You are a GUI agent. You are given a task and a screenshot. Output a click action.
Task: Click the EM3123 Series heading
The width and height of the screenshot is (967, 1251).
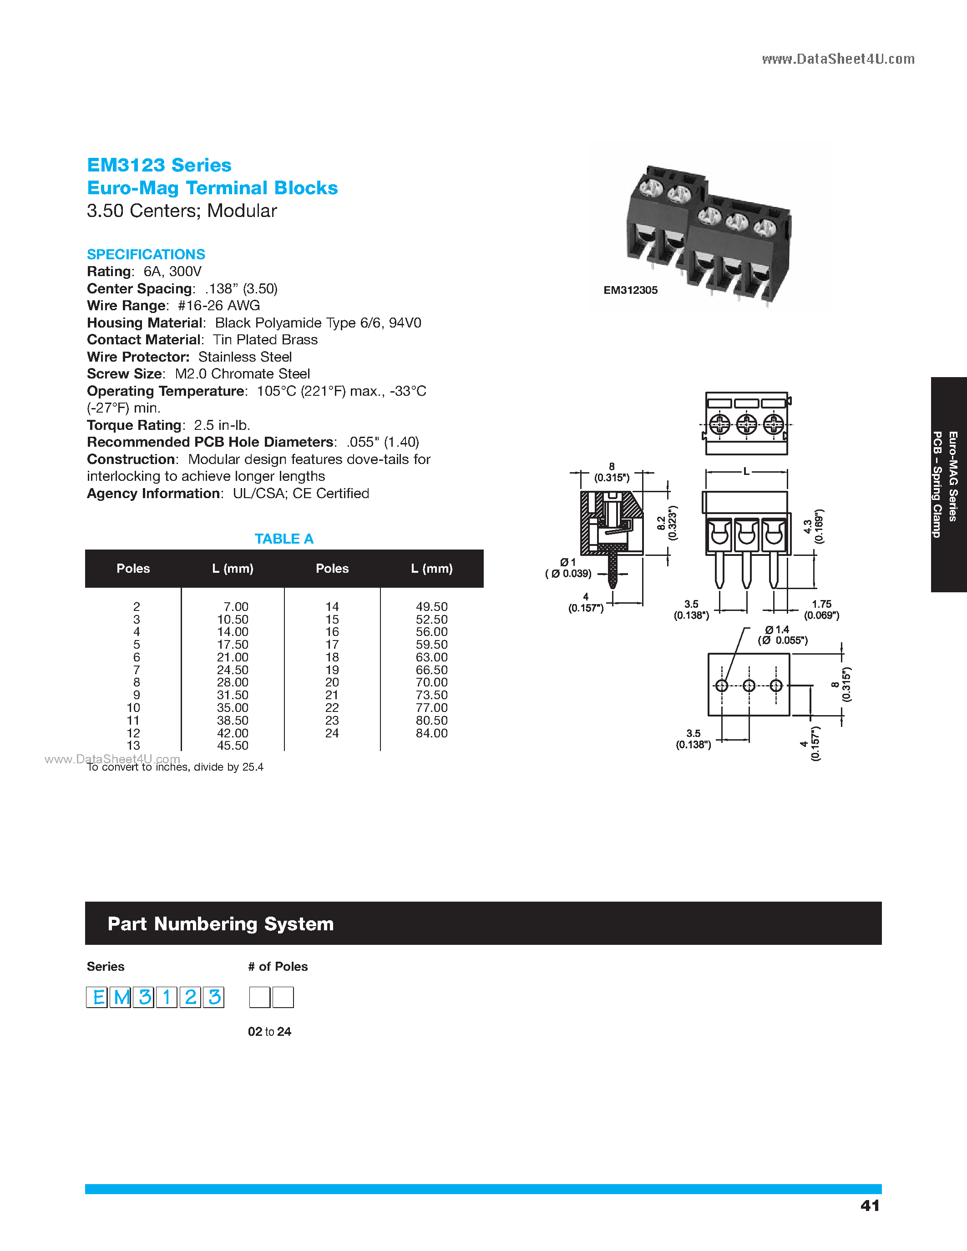159,165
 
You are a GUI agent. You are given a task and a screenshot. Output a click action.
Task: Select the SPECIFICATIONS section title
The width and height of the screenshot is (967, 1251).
146,254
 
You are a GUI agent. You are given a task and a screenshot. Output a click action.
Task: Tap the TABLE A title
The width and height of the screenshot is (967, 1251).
284,539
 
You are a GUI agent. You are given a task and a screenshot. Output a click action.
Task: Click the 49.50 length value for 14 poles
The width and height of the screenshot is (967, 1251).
431,606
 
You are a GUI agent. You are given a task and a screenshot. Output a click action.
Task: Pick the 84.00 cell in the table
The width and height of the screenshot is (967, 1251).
431,733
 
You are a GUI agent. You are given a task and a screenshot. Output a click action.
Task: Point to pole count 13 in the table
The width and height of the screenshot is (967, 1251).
133,746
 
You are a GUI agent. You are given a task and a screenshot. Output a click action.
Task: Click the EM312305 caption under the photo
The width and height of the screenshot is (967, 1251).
630,290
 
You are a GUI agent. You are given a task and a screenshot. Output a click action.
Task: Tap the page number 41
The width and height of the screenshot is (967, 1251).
870,1206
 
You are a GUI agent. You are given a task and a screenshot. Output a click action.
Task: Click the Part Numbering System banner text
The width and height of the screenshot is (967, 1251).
221,924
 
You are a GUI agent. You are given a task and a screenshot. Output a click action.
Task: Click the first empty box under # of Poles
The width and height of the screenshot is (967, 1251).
259,997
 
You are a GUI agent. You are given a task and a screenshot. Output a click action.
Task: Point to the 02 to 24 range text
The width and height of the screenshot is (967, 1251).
269,1032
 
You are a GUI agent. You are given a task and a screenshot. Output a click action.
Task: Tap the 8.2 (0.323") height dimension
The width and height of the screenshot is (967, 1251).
667,523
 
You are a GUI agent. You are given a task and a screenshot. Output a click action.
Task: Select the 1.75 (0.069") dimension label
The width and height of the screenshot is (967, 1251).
821,610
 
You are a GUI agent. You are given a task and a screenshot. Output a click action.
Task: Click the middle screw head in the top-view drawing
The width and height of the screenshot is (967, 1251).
746,424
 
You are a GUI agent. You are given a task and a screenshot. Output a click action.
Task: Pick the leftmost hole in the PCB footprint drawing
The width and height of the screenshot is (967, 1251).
722,686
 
